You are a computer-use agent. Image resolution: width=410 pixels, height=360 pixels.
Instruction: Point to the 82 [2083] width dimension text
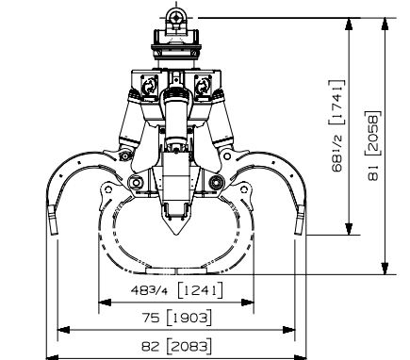point(176,344)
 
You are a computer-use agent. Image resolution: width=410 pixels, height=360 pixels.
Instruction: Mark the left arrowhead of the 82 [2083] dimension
point(62,329)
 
